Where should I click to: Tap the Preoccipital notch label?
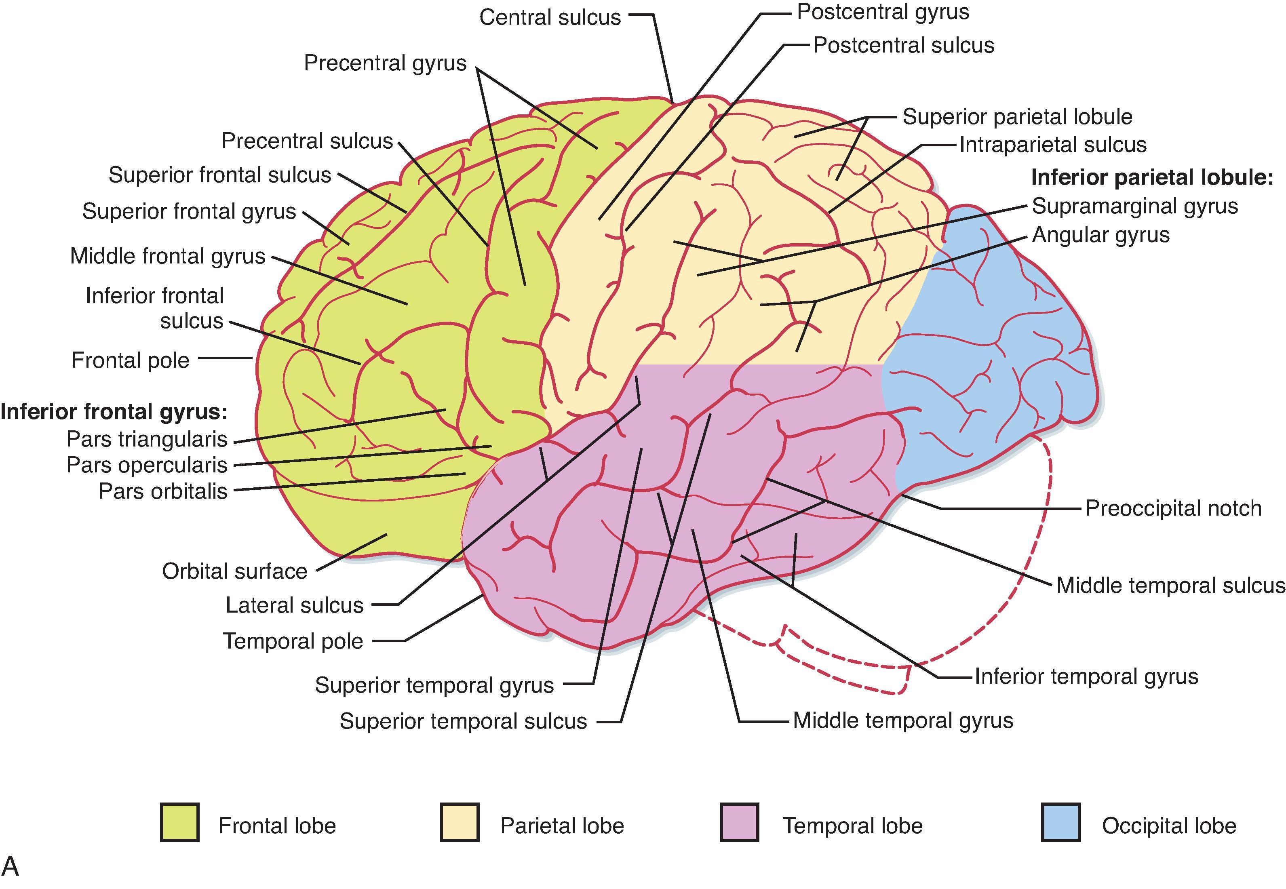(1173, 509)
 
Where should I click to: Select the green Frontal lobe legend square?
(179, 822)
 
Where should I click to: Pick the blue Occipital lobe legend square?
(1061, 822)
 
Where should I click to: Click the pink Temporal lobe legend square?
(739, 822)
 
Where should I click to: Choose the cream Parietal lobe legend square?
(460, 822)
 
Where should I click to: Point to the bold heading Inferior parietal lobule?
(1152, 178)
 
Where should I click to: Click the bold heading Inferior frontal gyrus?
(114, 412)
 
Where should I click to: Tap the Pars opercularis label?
(147, 465)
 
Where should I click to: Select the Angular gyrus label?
(1100, 235)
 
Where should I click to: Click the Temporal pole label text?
(293, 641)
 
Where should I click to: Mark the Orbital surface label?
(234, 571)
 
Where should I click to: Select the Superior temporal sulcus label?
(464, 721)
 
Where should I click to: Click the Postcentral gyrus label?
(883, 12)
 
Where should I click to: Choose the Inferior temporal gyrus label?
(1086, 677)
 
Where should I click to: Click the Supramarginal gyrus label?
(1134, 206)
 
